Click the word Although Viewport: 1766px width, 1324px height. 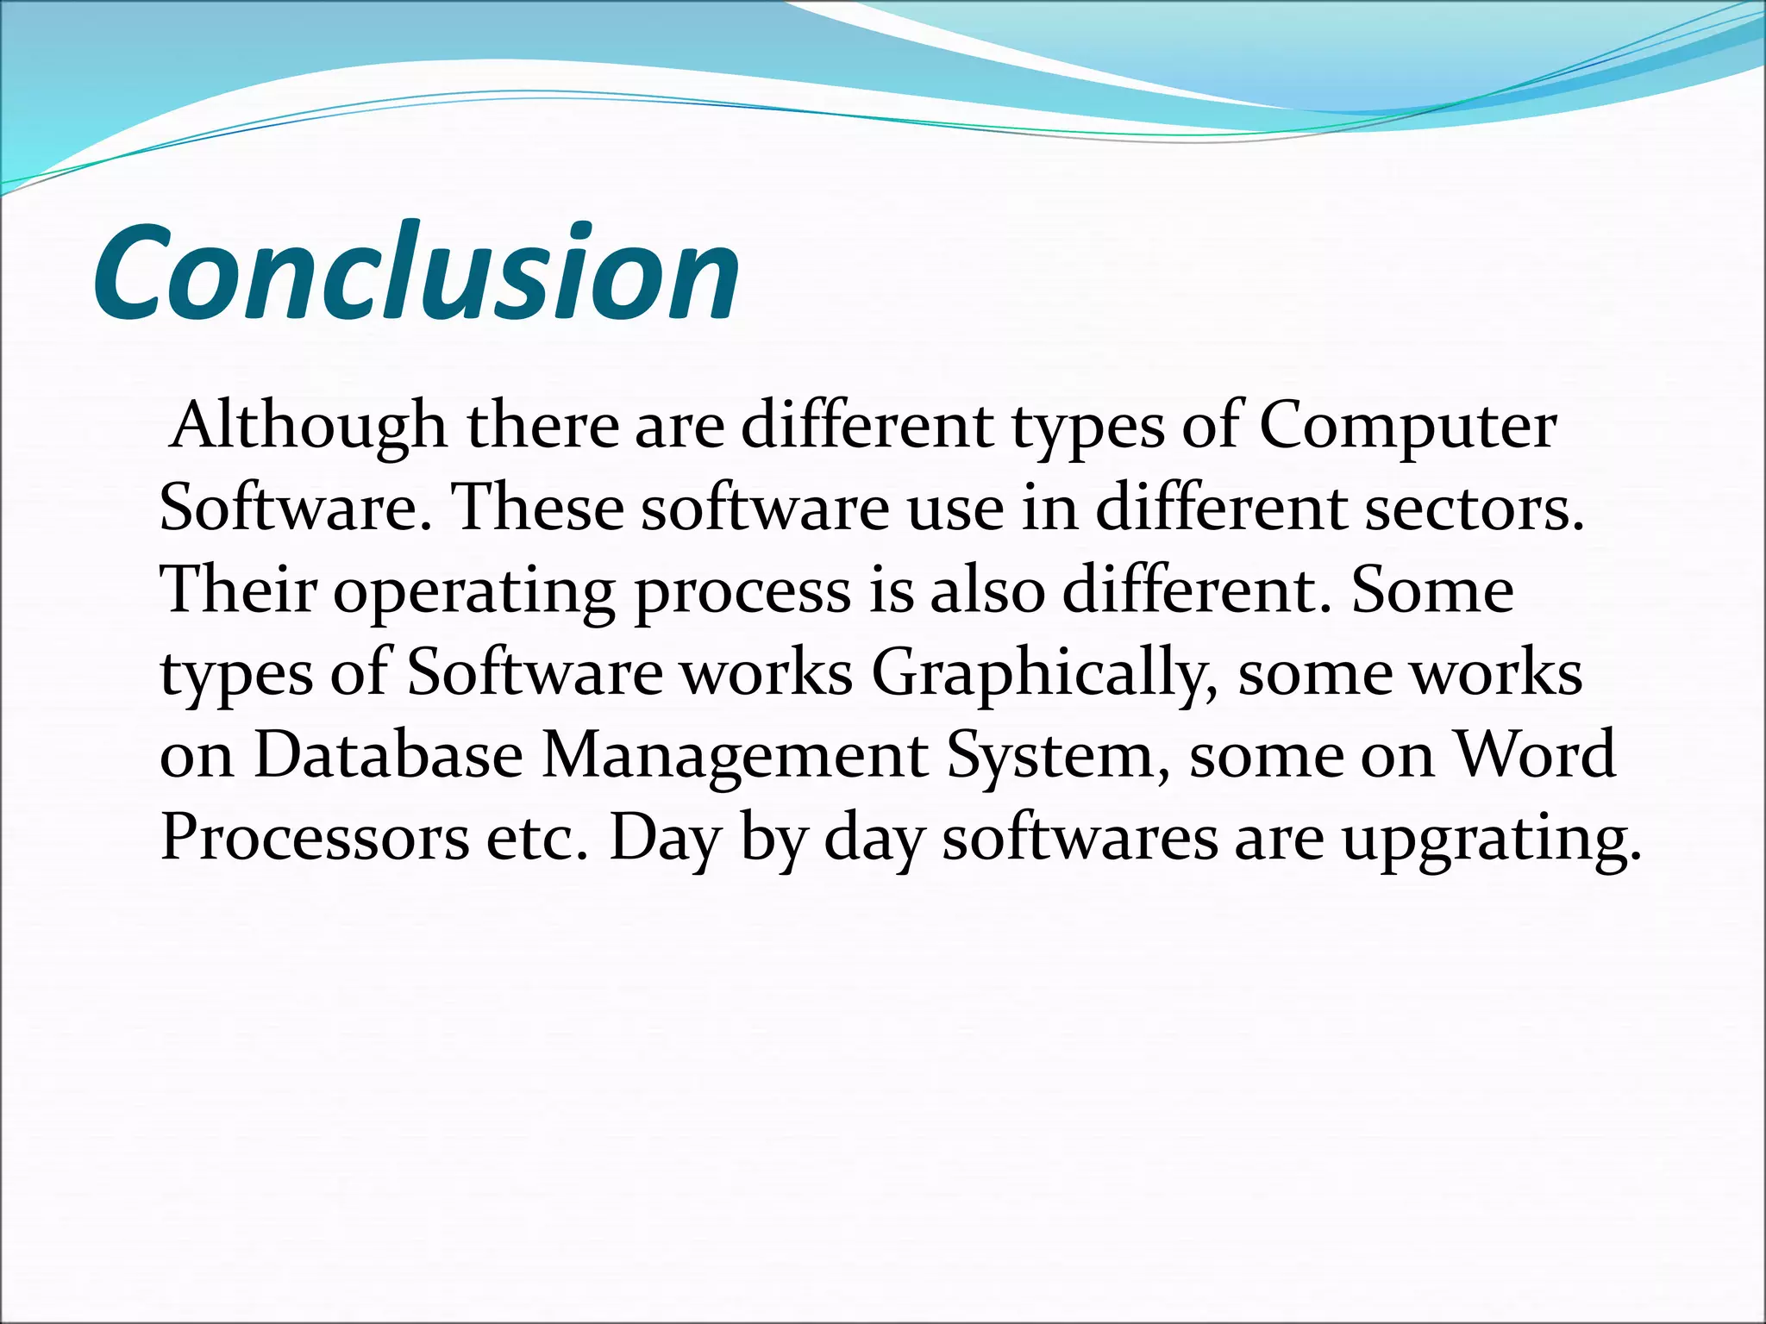pos(309,426)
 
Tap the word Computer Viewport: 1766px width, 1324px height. pos(1407,426)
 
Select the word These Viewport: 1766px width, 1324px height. pos(536,508)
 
